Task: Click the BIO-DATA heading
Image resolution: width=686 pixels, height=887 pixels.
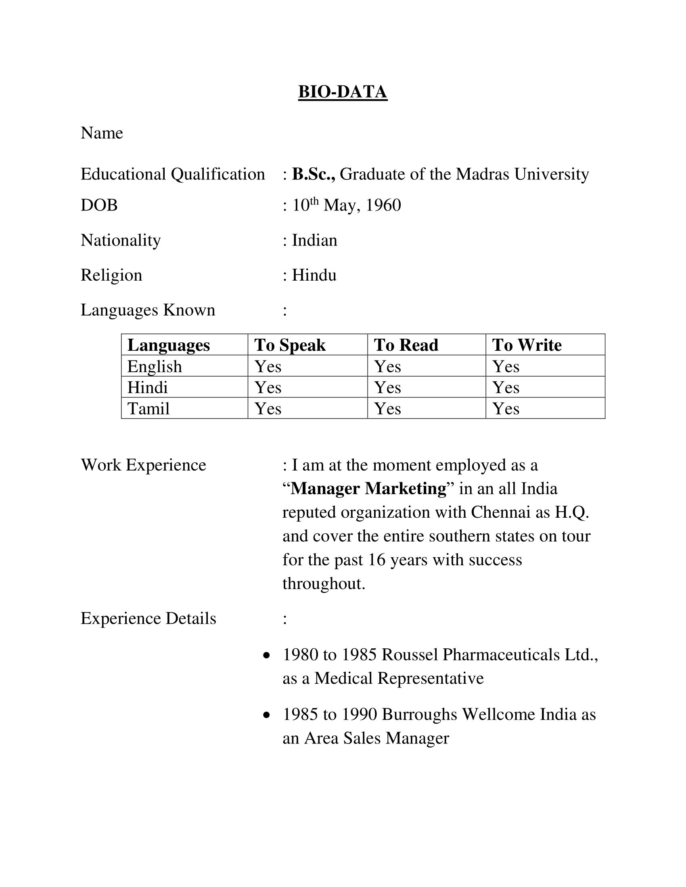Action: coord(343,92)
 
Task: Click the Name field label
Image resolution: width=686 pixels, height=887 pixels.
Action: coord(102,133)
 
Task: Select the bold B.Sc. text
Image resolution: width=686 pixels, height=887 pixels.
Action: coord(313,174)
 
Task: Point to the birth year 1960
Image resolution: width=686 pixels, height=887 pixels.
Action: coord(383,206)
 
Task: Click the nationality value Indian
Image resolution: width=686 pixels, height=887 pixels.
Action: coord(315,240)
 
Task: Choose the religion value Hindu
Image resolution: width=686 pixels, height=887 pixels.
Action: coord(314,275)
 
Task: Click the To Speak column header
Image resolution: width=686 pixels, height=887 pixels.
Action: coord(290,345)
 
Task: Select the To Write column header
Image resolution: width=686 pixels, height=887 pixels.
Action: coord(527,345)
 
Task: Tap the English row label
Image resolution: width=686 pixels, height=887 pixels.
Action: coord(155,367)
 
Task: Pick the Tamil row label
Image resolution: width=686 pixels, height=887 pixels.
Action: coord(148,408)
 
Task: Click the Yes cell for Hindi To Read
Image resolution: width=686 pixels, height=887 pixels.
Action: coord(388,387)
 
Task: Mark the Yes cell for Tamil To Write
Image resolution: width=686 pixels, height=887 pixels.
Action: coord(506,408)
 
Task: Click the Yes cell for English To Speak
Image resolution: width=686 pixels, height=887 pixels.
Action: coord(268,367)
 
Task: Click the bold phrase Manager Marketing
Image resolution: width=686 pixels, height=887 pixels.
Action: coord(368,489)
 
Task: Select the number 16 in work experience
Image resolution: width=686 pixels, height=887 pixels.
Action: coord(377,560)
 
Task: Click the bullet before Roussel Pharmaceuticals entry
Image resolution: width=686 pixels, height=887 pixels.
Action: coord(267,656)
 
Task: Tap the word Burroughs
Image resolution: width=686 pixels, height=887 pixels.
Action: coord(419,714)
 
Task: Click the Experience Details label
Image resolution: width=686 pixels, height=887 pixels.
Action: coord(148,618)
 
